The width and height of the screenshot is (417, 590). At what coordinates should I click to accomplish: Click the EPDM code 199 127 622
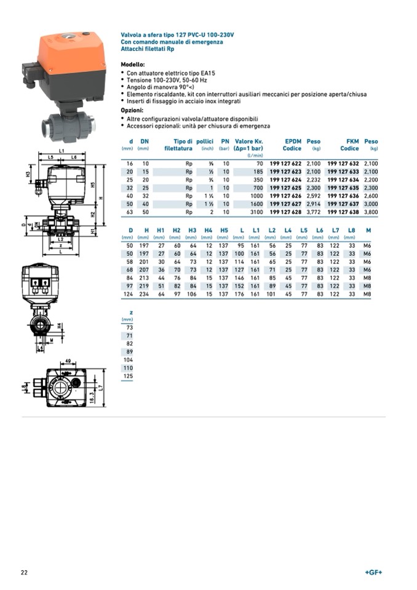tap(285, 163)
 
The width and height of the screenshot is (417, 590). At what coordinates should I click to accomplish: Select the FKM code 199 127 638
tap(343, 211)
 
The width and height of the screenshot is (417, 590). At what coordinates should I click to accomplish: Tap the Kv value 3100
tap(256, 211)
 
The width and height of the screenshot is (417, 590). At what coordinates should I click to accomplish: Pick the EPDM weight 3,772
tap(314, 211)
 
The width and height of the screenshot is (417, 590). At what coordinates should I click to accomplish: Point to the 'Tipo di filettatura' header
tap(178, 145)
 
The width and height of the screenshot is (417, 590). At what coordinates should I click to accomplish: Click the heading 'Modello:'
tap(133, 64)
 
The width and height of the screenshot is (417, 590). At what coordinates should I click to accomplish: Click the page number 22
tap(24, 572)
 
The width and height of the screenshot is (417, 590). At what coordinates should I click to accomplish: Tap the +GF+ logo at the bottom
tap(373, 572)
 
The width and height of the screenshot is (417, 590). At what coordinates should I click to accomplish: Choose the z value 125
tap(128, 375)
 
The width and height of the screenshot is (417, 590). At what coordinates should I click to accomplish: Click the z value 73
tap(129, 327)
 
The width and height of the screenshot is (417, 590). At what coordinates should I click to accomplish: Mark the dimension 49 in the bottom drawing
tap(68, 361)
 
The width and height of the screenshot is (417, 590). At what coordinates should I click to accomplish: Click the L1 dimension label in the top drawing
tap(62, 150)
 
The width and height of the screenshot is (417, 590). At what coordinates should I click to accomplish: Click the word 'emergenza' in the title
tap(208, 42)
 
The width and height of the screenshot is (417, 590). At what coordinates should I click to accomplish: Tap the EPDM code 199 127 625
tap(285, 187)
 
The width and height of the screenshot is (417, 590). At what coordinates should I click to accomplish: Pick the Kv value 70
tap(259, 163)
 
